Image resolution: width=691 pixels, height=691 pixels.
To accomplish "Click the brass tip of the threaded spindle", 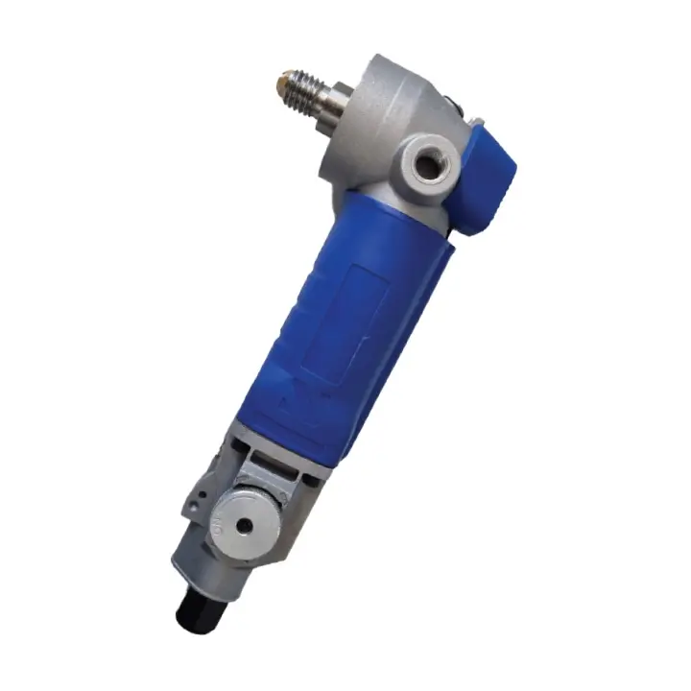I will click(x=285, y=79).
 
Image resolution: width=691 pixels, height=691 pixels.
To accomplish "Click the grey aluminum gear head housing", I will click(x=384, y=115).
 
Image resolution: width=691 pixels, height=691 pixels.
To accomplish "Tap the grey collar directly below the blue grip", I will click(x=288, y=451).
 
